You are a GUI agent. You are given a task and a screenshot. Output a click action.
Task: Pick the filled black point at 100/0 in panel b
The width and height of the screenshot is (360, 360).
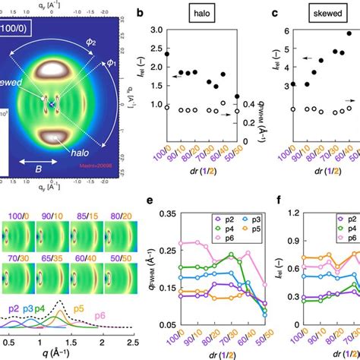click(x=167, y=55)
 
